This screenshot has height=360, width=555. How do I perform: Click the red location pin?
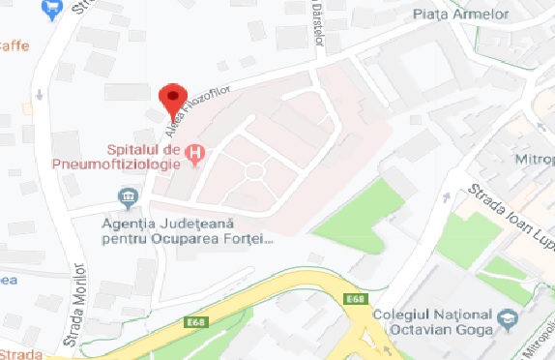pyautogui.click(x=172, y=97)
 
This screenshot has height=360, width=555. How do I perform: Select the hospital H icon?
pyautogui.click(x=196, y=152)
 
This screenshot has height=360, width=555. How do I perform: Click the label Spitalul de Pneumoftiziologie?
pyautogui.click(x=144, y=157)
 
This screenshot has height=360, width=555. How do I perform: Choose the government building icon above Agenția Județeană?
pyautogui.click(x=127, y=199)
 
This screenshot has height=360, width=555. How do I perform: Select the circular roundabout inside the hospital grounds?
pyautogui.click(x=254, y=171)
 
